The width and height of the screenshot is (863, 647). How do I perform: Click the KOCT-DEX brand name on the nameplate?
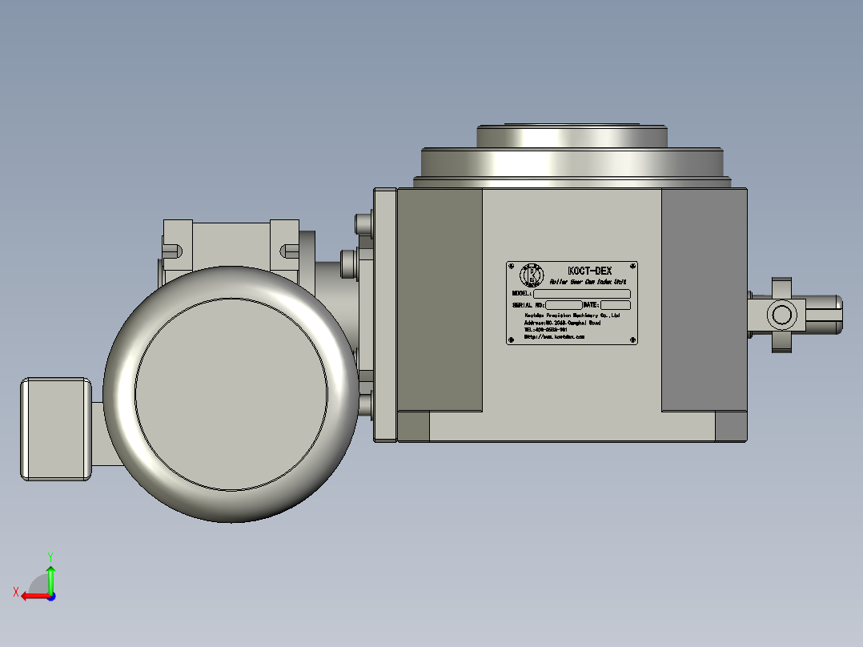click(588, 271)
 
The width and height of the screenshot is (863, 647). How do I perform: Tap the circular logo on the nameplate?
click(532, 275)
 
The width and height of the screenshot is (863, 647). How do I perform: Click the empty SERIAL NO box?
click(564, 305)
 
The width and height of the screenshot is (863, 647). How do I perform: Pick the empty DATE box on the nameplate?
click(615, 305)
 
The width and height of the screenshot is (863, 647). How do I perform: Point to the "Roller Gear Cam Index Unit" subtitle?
click(587, 283)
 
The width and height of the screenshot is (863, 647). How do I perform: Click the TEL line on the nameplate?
click(546, 329)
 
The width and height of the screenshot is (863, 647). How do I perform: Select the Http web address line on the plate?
click(554, 337)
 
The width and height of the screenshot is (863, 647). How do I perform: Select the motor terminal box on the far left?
click(55, 428)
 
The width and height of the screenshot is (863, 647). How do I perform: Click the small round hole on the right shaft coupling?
click(781, 313)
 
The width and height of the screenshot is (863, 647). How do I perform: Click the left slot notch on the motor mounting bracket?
click(171, 251)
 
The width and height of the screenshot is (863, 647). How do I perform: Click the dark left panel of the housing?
click(440, 300)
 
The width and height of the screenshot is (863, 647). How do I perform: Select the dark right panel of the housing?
click(704, 300)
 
